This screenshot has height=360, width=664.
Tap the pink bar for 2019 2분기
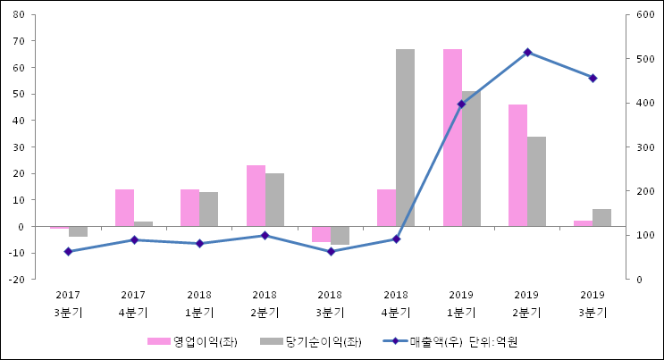coord(517,165)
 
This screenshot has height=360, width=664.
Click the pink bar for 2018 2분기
coord(256,196)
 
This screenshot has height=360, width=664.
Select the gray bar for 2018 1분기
coord(208,209)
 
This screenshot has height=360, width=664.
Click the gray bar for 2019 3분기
coord(601,218)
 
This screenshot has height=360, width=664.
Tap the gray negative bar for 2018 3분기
coord(340,236)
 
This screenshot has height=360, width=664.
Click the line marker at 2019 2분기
coord(527,53)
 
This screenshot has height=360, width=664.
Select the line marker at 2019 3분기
coord(593,78)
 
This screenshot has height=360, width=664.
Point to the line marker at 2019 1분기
coord(461,105)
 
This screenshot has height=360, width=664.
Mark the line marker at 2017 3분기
coord(68,252)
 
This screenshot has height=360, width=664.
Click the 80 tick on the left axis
coord(19,15)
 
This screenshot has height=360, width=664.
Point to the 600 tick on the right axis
coord(644,15)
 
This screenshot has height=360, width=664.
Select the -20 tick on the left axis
coord(17,280)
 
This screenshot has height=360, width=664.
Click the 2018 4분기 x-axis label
coord(396,303)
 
